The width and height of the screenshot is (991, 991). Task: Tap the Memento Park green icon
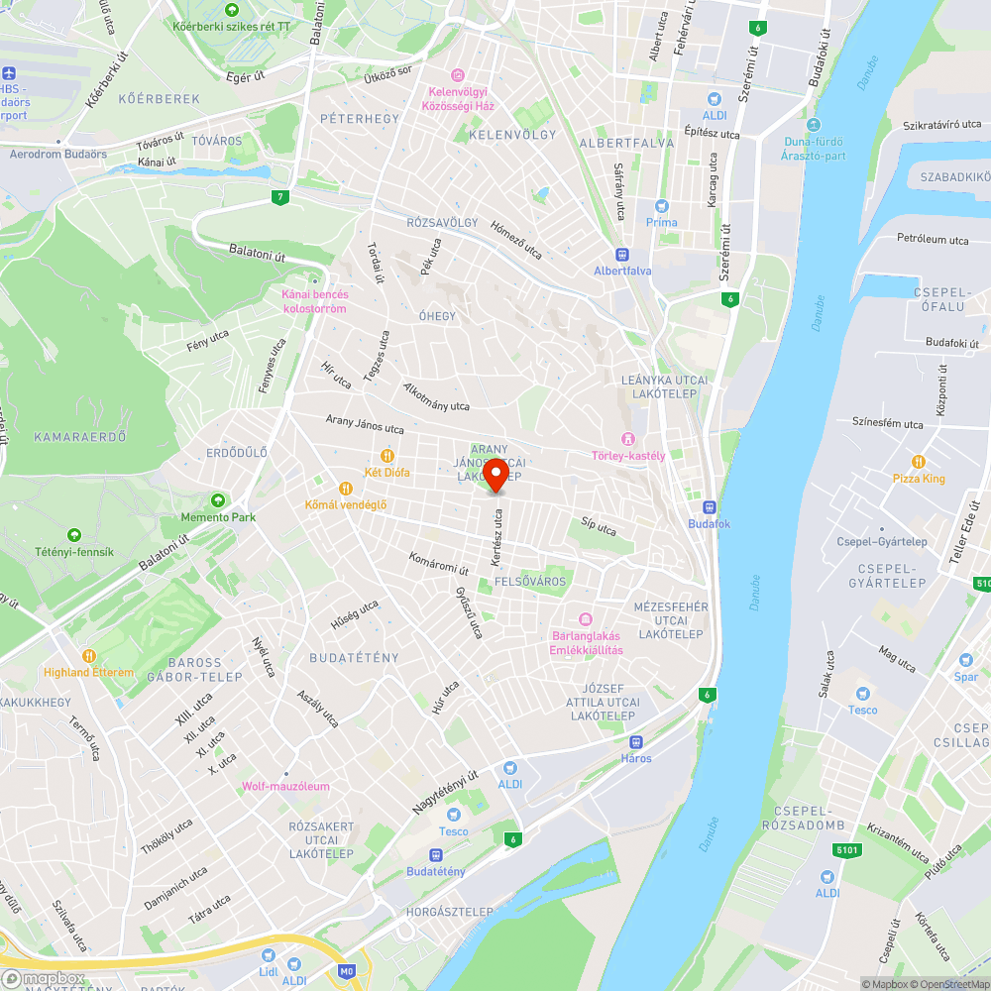click(218, 500)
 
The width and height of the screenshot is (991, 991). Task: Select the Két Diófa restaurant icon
click(386, 456)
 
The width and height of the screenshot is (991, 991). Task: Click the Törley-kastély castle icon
click(626, 439)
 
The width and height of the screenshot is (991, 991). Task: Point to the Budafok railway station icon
click(710, 506)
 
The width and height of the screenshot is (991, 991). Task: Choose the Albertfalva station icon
click(622, 254)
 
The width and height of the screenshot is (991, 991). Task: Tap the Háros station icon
click(636, 741)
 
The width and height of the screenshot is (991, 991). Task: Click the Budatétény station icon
click(436, 854)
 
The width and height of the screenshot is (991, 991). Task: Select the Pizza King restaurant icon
click(919, 462)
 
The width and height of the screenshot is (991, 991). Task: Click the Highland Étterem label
click(89, 672)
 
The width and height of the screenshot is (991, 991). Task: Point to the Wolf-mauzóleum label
click(285, 786)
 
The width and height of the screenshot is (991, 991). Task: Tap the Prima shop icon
click(662, 205)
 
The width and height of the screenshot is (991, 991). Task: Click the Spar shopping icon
click(966, 660)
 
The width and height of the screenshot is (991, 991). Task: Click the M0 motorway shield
click(346, 972)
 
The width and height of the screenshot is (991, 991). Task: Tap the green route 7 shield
click(281, 197)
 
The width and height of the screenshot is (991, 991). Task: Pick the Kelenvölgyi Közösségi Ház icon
click(457, 75)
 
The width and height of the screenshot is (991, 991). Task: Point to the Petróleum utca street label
click(933, 240)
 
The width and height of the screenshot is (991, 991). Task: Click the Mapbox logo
click(45, 978)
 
